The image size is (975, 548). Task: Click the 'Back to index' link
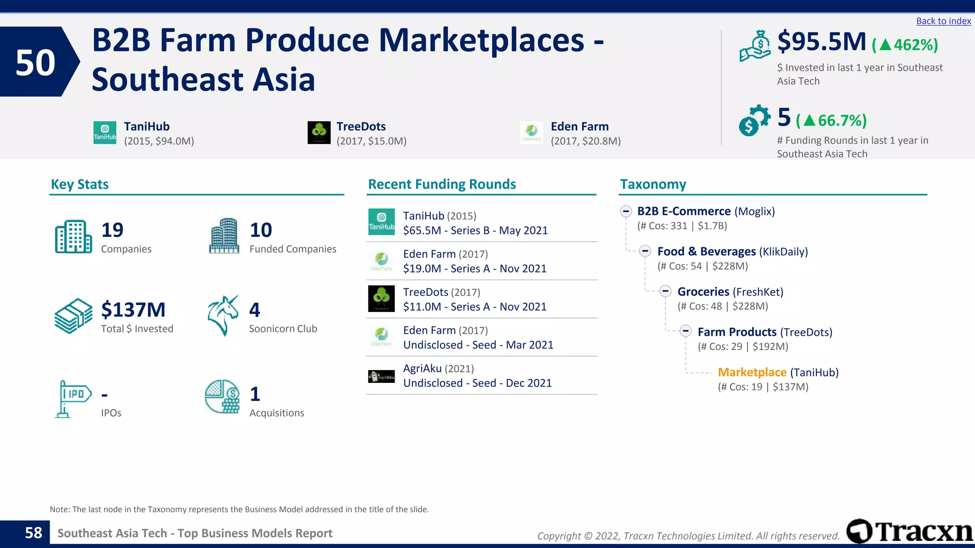click(943, 21)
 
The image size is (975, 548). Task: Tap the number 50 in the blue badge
click(36, 62)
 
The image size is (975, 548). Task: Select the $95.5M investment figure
click(822, 42)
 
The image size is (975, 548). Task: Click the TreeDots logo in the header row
click(319, 133)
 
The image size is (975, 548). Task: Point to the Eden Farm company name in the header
click(579, 127)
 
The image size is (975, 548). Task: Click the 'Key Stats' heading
click(80, 185)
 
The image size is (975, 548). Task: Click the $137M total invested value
click(133, 310)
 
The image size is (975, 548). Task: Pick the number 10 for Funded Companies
click(261, 230)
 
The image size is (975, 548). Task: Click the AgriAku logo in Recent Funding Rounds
click(381, 376)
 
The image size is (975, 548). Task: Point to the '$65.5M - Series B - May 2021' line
click(475, 231)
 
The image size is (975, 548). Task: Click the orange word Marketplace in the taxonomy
click(752, 372)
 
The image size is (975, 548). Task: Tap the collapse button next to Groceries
click(665, 291)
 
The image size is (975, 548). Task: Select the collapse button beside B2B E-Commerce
click(626, 211)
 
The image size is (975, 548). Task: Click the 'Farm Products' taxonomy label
click(737, 332)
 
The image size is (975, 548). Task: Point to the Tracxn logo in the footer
click(909, 531)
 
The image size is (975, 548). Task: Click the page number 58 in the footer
click(33, 533)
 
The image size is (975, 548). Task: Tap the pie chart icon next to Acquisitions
click(222, 397)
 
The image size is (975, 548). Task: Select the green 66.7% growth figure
click(831, 121)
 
